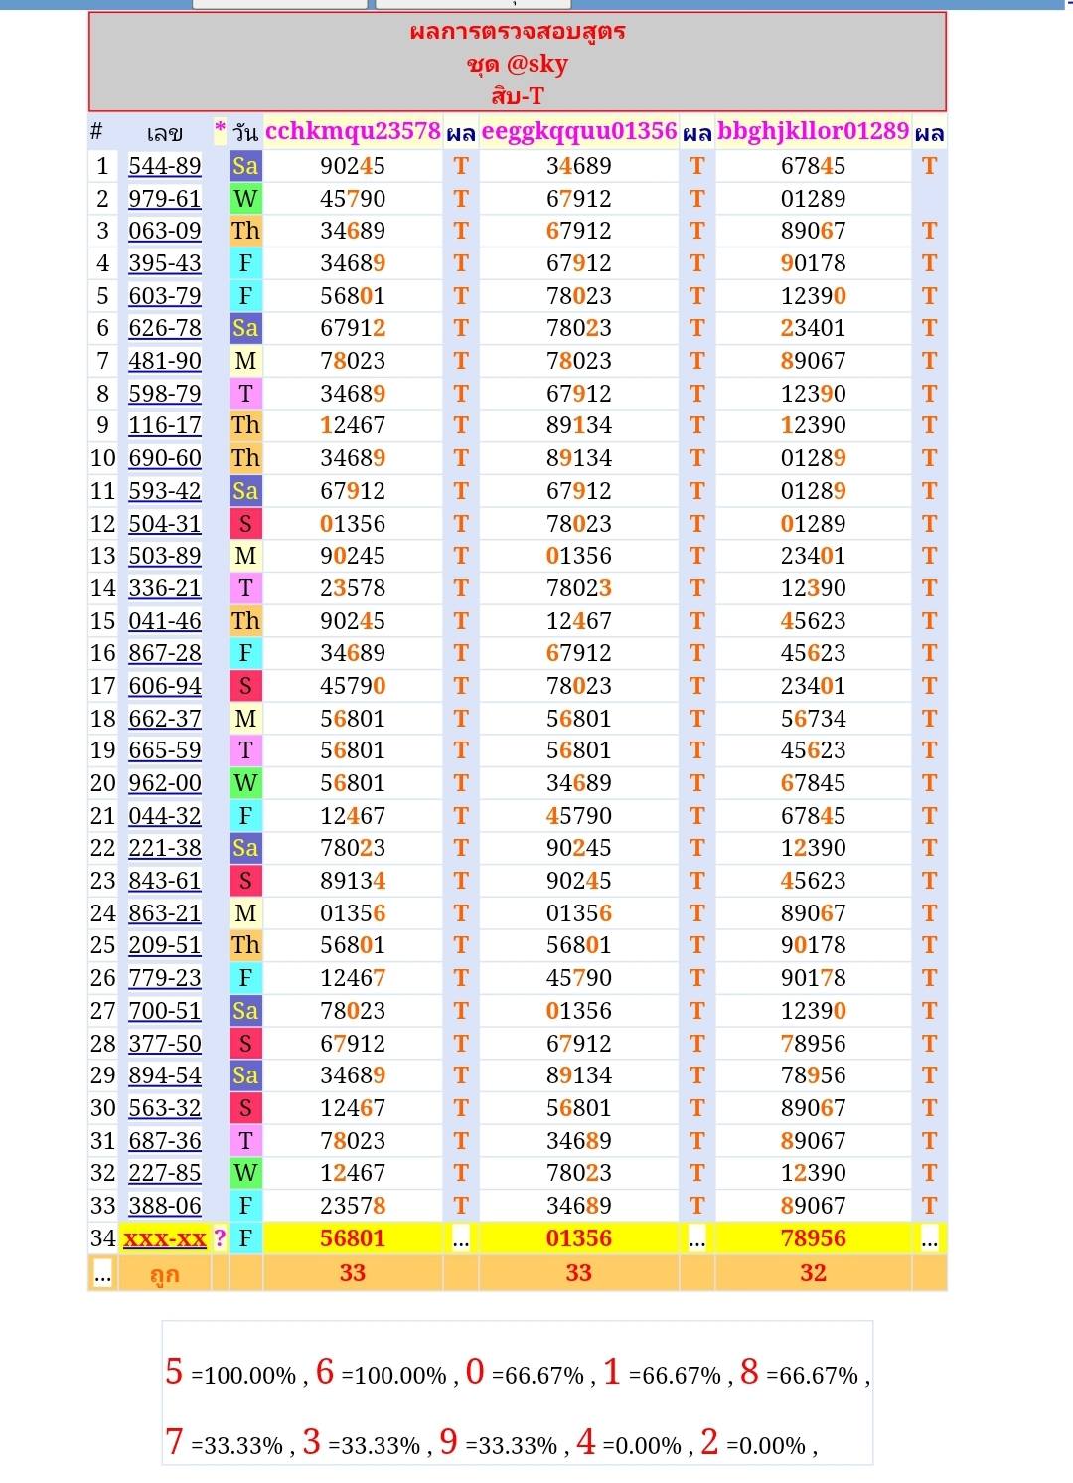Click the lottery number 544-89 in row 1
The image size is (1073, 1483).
coord(165,166)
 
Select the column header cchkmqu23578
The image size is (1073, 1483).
coord(353,131)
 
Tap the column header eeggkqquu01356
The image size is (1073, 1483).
coord(578,131)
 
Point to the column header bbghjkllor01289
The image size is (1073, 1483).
coord(813,131)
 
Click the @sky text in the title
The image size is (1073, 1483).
coord(536,64)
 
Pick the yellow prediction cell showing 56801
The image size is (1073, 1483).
coord(353,1238)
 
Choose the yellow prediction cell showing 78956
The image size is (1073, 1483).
coord(813,1238)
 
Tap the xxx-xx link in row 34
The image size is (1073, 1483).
coord(165,1238)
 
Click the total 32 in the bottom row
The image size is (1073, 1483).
coord(813,1273)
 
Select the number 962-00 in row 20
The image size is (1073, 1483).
coord(165,783)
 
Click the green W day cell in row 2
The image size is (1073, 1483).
coord(245,199)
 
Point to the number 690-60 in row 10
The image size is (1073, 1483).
coord(165,458)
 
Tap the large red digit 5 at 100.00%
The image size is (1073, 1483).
coord(174,1372)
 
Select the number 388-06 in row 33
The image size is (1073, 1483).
coord(165,1206)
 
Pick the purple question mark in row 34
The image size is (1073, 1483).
coord(220,1238)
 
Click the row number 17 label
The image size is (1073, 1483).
coord(103,686)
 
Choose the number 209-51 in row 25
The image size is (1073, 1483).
coord(165,945)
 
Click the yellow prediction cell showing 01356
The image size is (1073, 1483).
coord(578,1238)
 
